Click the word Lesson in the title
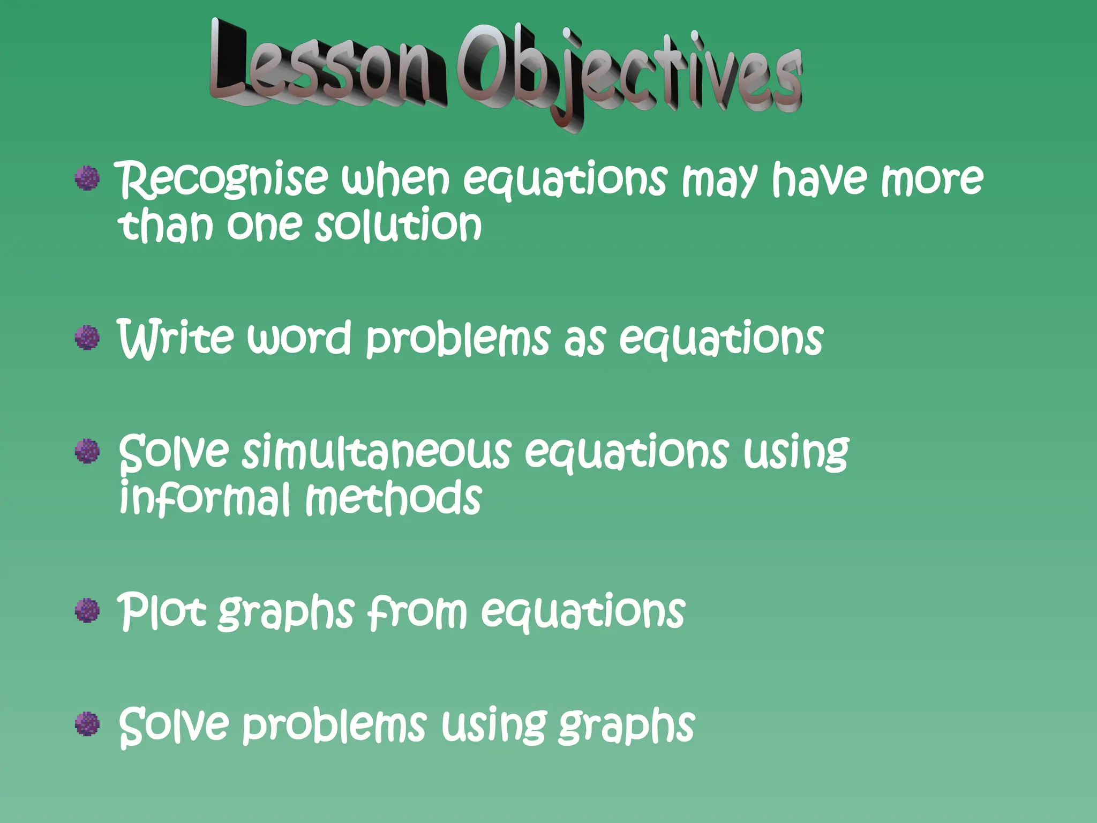pyautogui.click(x=327, y=67)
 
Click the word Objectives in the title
pyautogui.click(x=629, y=72)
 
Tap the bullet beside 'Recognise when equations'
pyautogui.click(x=87, y=178)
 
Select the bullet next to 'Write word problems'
pyautogui.click(x=87, y=338)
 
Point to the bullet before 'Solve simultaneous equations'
pyautogui.click(x=87, y=451)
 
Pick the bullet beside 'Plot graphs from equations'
pyautogui.click(x=87, y=610)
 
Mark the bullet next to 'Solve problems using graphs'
pyautogui.click(x=87, y=723)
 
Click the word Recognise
pyautogui.click(x=222, y=179)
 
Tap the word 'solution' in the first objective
pyautogui.click(x=399, y=225)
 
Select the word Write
pyautogui.click(x=175, y=338)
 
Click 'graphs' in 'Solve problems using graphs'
pyautogui.click(x=626, y=725)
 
